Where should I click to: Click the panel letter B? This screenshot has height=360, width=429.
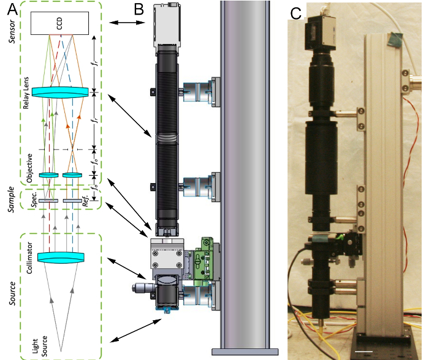tap(139, 9)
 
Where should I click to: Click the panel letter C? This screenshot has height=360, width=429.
tap(295, 13)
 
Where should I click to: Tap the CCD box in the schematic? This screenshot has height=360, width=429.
tap(59, 23)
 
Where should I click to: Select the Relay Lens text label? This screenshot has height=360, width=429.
tap(26, 93)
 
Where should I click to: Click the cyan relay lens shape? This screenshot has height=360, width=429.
tap(60, 92)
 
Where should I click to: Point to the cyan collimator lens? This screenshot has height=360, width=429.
tap(61, 258)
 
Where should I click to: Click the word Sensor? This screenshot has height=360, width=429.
tap(12, 31)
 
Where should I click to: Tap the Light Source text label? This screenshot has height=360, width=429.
tap(40, 346)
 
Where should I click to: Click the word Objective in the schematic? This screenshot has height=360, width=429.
tap(29, 168)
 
